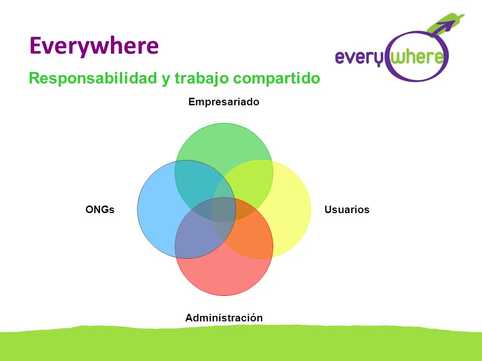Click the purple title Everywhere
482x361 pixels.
[x=94, y=46]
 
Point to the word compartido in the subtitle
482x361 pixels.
[x=277, y=79]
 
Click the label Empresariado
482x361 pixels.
[x=224, y=102]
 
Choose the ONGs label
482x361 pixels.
[x=100, y=210]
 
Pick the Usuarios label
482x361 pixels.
[x=347, y=210]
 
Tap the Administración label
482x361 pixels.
[x=224, y=318]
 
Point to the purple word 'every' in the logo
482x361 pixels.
[x=359, y=58]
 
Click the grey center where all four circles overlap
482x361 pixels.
[x=223, y=210]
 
